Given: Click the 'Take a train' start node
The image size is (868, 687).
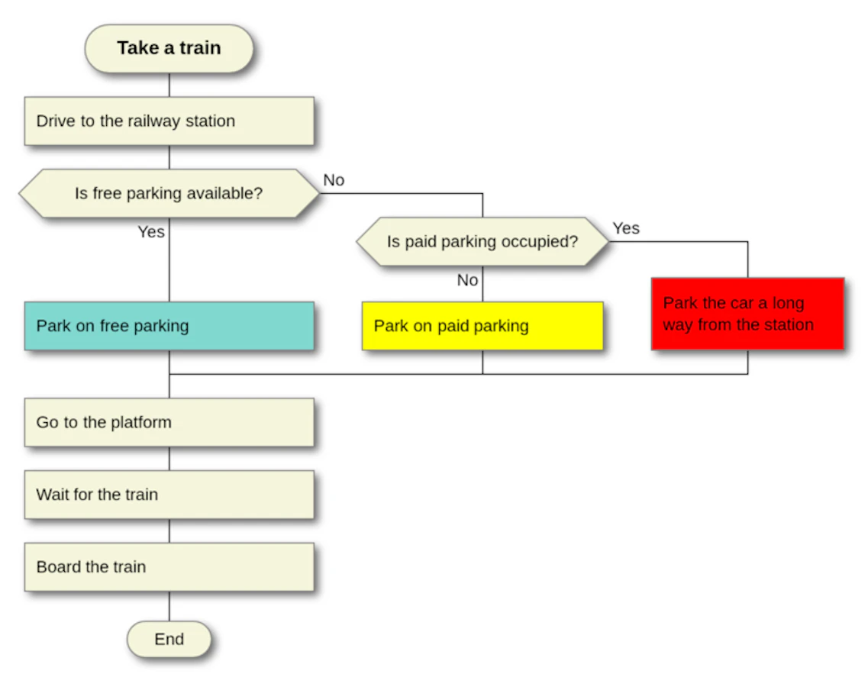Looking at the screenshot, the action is click(x=169, y=49).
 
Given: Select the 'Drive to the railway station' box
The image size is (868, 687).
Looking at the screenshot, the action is click(x=169, y=121).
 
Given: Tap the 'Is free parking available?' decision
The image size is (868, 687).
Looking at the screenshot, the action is click(x=169, y=193).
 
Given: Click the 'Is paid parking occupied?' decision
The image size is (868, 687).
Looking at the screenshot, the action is click(x=482, y=241).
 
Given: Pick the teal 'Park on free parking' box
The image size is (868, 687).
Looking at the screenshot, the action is click(x=169, y=326).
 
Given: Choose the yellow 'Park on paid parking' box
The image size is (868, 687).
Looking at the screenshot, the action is click(x=482, y=326).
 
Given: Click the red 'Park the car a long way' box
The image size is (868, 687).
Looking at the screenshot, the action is click(x=747, y=314).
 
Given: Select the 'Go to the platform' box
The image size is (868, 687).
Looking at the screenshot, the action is click(x=169, y=422).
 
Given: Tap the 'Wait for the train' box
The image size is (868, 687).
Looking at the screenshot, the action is click(x=169, y=495).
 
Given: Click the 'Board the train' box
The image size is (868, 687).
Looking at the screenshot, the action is click(x=169, y=567).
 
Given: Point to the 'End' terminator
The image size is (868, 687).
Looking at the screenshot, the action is click(x=169, y=640).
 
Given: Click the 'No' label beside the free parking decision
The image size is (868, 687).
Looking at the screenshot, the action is click(x=334, y=180).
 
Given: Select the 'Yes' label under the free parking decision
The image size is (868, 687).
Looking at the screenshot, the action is click(x=151, y=231).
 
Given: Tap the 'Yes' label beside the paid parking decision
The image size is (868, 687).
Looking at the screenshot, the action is click(x=626, y=228).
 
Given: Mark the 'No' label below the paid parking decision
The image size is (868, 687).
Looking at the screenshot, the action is click(x=468, y=280).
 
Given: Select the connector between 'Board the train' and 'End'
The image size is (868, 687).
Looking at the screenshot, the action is click(x=169, y=606).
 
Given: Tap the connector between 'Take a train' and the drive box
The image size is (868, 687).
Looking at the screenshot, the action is click(x=169, y=85).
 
